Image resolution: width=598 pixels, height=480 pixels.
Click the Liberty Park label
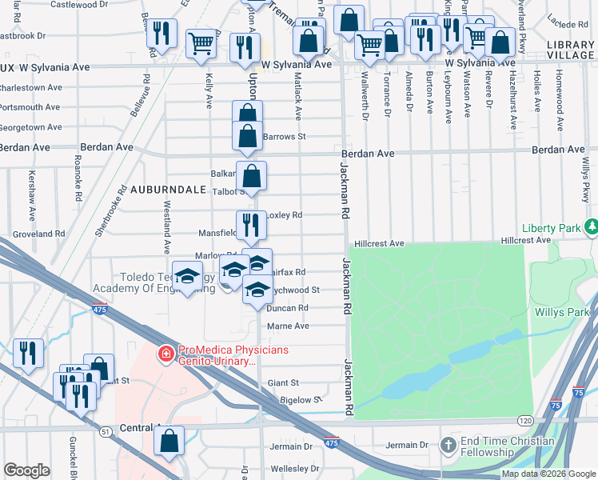pyautogui.click(x=551, y=229)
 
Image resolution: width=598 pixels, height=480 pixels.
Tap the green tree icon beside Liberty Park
pyautogui.click(x=591, y=229)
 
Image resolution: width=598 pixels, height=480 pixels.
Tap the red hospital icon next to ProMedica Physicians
pyautogui.click(x=165, y=353)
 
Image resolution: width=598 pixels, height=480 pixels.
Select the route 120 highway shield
pyautogui.click(x=524, y=420)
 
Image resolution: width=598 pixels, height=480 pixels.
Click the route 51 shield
pyautogui.click(x=106, y=431)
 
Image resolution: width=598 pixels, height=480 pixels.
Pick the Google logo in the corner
pyautogui.click(x=26, y=470)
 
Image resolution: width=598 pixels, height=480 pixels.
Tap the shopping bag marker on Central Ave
pyautogui.click(x=169, y=440)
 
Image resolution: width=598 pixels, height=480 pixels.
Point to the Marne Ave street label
pyautogui.click(x=288, y=326)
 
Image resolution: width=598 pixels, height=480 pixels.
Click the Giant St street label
pyautogui.click(x=283, y=383)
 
